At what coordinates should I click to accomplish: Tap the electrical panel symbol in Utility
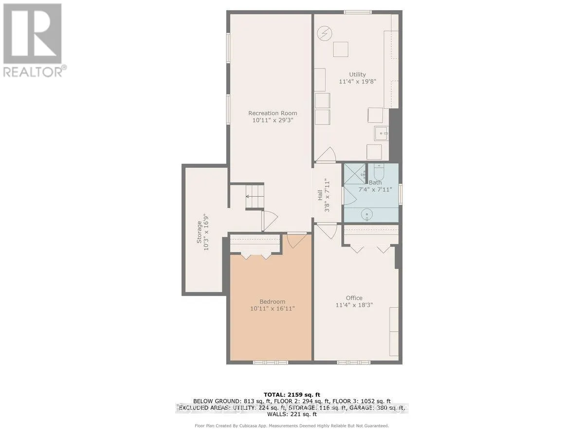point(324,33)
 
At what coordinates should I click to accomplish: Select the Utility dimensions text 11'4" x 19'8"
point(357,82)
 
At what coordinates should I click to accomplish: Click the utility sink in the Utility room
point(380,132)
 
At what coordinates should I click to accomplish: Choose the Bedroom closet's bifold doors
point(256,255)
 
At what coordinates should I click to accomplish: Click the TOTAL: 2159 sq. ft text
point(292,394)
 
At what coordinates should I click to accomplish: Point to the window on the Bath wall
point(401,194)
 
